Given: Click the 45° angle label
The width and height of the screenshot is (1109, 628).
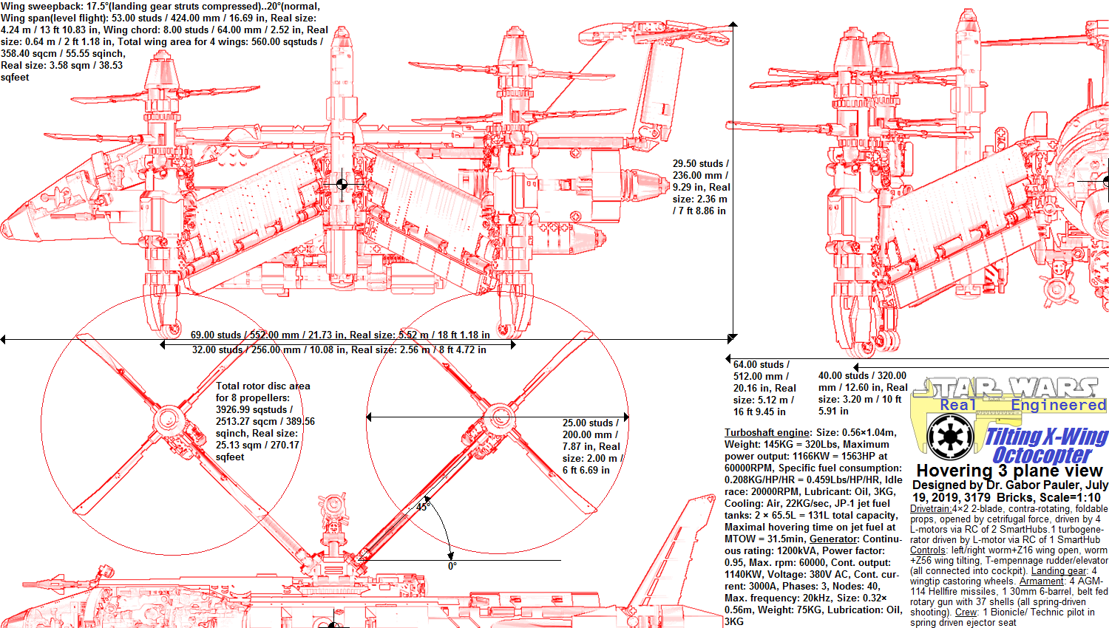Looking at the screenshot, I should pyautogui.click(x=422, y=507).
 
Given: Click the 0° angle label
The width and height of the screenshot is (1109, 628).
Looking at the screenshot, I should pyautogui.click(x=452, y=566).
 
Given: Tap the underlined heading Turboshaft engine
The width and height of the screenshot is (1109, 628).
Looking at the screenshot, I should pyautogui.click(x=767, y=432).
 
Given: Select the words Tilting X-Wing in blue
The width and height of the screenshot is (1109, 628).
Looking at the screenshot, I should pyautogui.click(x=1046, y=437).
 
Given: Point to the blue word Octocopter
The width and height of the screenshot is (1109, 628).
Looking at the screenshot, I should pyautogui.click(x=1041, y=455).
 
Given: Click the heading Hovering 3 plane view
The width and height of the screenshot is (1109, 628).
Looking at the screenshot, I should pyautogui.click(x=1009, y=471).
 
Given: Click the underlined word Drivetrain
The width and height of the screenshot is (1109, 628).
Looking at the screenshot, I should pyautogui.click(x=930, y=508).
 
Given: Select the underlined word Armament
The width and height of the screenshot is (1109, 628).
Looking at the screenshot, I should pyautogui.click(x=1042, y=581).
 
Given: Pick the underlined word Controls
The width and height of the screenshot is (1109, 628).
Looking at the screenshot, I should pyautogui.click(x=928, y=550).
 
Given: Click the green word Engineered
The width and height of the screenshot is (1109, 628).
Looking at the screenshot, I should pyautogui.click(x=1058, y=405).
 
